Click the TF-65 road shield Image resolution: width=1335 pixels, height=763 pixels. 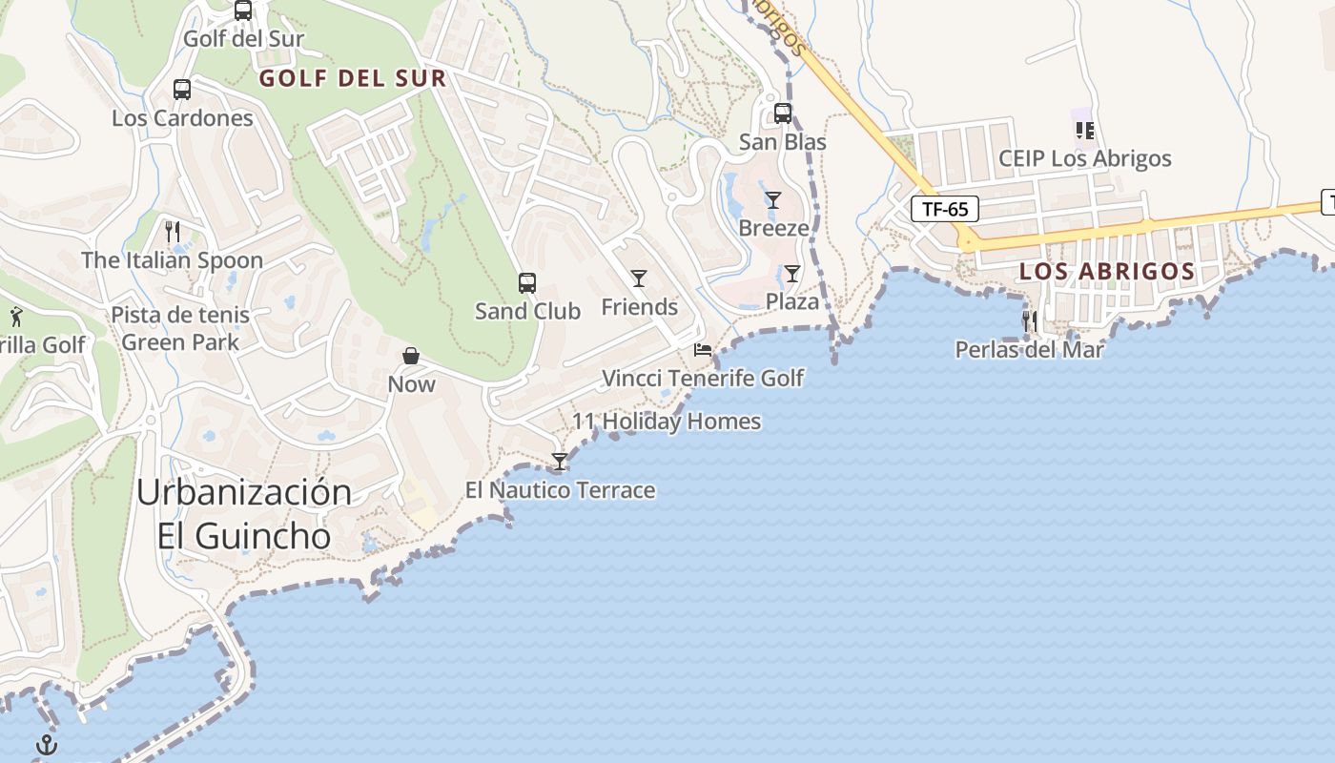point(945,209)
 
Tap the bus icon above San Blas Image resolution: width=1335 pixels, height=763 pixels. point(783,113)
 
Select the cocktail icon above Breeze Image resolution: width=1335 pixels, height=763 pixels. point(773,200)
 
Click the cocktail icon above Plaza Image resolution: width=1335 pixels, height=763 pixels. point(792,275)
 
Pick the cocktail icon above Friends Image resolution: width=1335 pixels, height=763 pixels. point(639,278)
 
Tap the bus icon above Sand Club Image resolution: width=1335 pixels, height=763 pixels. point(527,283)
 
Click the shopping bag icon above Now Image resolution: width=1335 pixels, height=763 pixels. point(411,356)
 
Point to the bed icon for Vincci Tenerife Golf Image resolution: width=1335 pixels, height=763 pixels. point(703,350)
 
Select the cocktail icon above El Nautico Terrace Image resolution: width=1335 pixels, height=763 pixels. point(560,463)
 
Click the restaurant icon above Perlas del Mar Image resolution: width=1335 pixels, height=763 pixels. point(1029,321)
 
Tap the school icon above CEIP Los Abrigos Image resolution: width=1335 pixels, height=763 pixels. point(1084,130)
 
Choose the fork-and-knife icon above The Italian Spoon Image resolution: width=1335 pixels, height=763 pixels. point(173,232)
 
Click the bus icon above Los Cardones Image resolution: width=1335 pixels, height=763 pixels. point(181,90)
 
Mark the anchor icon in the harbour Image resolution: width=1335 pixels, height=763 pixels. point(47,745)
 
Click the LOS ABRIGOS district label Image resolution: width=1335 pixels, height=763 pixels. point(1107,271)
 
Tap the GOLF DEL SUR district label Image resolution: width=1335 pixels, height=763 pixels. point(353,78)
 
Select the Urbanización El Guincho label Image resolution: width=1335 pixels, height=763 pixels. point(244,514)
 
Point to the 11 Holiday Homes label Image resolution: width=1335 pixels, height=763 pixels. point(667,421)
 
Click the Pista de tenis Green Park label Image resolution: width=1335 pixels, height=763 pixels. point(180,328)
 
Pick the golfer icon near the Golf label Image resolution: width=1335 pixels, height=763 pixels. point(16,316)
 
